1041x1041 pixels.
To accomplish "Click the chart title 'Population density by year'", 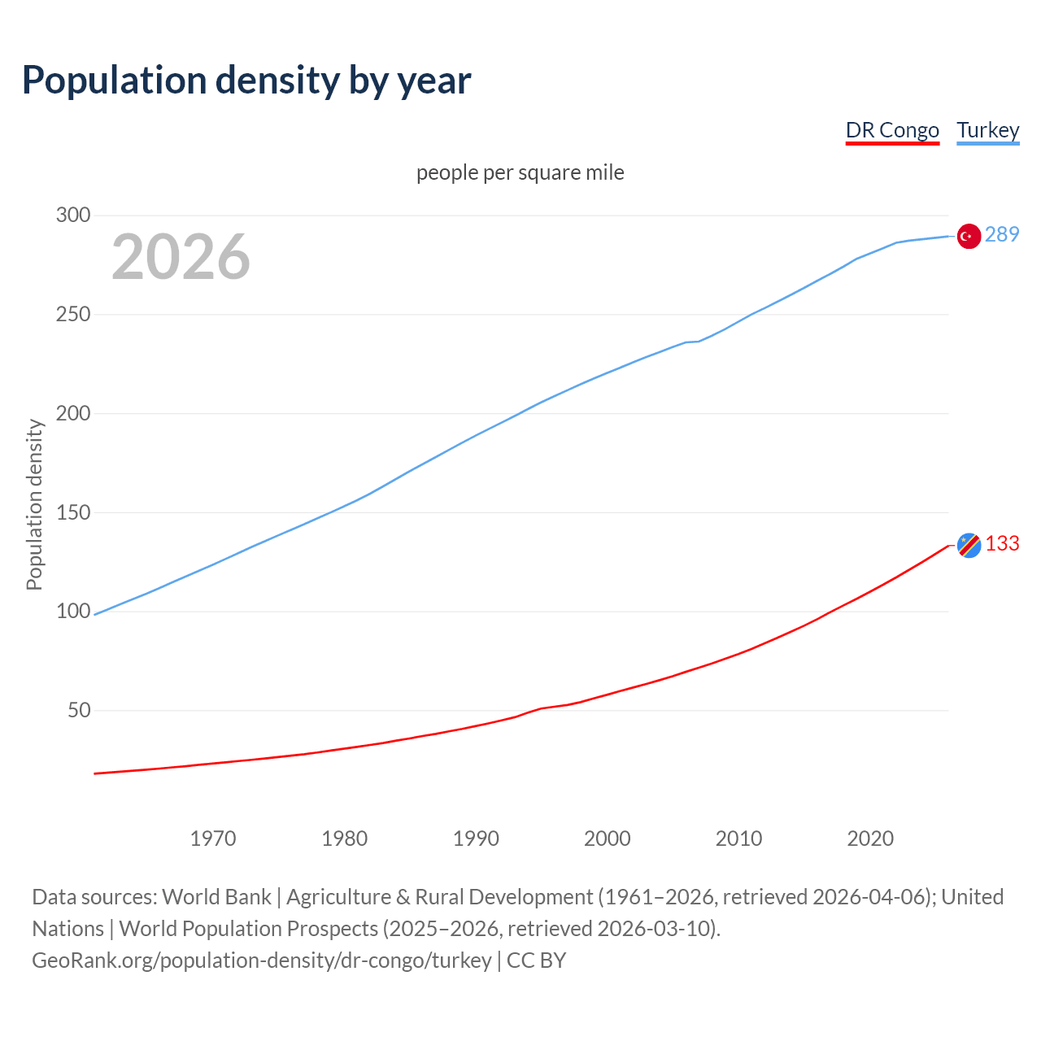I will (246, 80).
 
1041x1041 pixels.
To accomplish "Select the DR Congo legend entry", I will (892, 130).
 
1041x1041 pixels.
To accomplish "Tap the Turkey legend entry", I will (987, 130).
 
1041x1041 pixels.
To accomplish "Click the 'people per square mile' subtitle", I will (520, 172).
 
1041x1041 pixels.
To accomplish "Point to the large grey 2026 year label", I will (181, 257).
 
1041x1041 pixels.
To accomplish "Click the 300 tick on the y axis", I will (72, 215).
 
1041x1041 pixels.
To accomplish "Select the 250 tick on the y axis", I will (72, 314).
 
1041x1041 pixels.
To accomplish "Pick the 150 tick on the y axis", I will (72, 512).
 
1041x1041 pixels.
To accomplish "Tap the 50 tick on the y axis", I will (79, 710).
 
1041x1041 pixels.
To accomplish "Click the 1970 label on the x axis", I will (213, 838).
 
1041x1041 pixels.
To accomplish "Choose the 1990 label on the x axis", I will (476, 838).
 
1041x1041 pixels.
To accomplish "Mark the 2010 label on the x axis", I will (738, 838).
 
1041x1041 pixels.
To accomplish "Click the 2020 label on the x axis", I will (870, 838).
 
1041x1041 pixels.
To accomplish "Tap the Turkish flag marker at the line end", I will (968, 236).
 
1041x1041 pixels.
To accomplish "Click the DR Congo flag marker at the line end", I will (969, 545).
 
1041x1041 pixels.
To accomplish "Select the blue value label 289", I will (1002, 234).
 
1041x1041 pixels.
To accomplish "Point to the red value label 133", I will (1002, 543).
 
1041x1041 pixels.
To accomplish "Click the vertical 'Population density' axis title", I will (34, 504).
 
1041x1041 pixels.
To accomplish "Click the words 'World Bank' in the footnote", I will (216, 896).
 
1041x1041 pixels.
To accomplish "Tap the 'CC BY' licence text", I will (536, 960).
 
